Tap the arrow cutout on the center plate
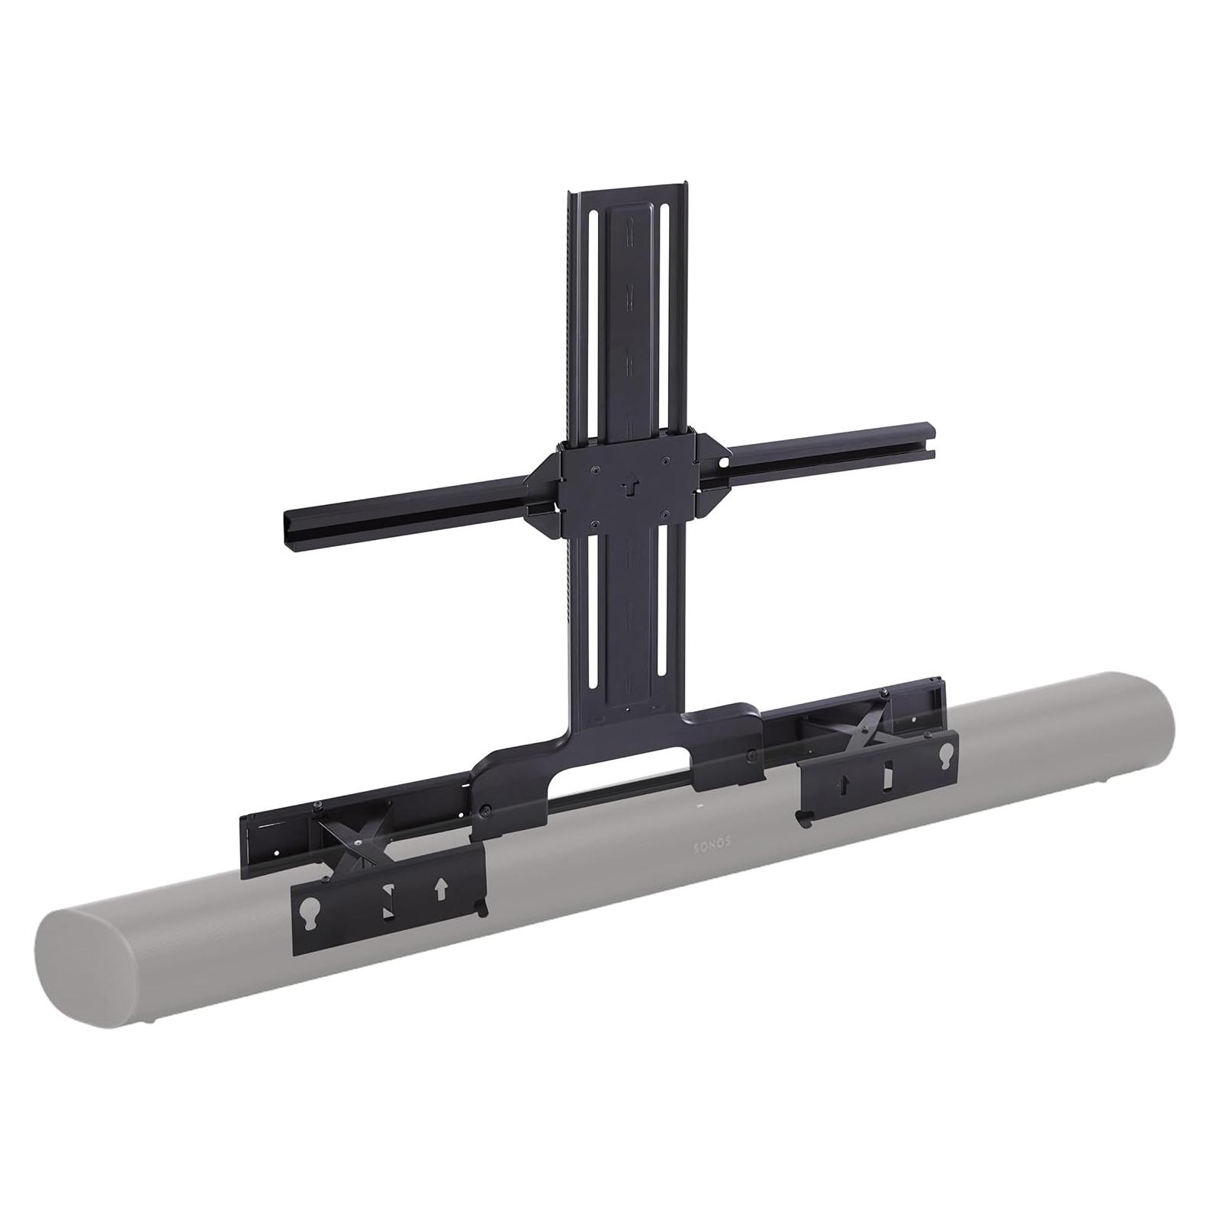pyautogui.click(x=629, y=485)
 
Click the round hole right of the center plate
pyautogui.click(x=725, y=461)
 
